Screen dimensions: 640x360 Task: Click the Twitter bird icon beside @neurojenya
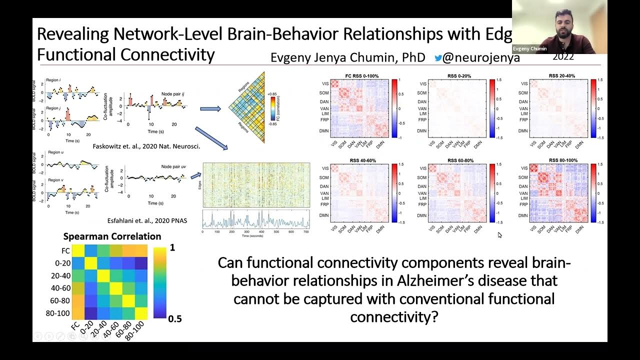pos(438,57)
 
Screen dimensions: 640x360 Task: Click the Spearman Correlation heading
pos(112,236)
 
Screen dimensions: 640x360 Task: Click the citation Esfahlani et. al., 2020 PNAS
pos(147,220)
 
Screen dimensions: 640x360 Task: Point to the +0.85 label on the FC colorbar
pos(272,93)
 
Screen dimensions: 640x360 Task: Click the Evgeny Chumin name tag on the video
pos(529,49)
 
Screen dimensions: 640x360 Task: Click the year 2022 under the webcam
pos(563,57)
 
